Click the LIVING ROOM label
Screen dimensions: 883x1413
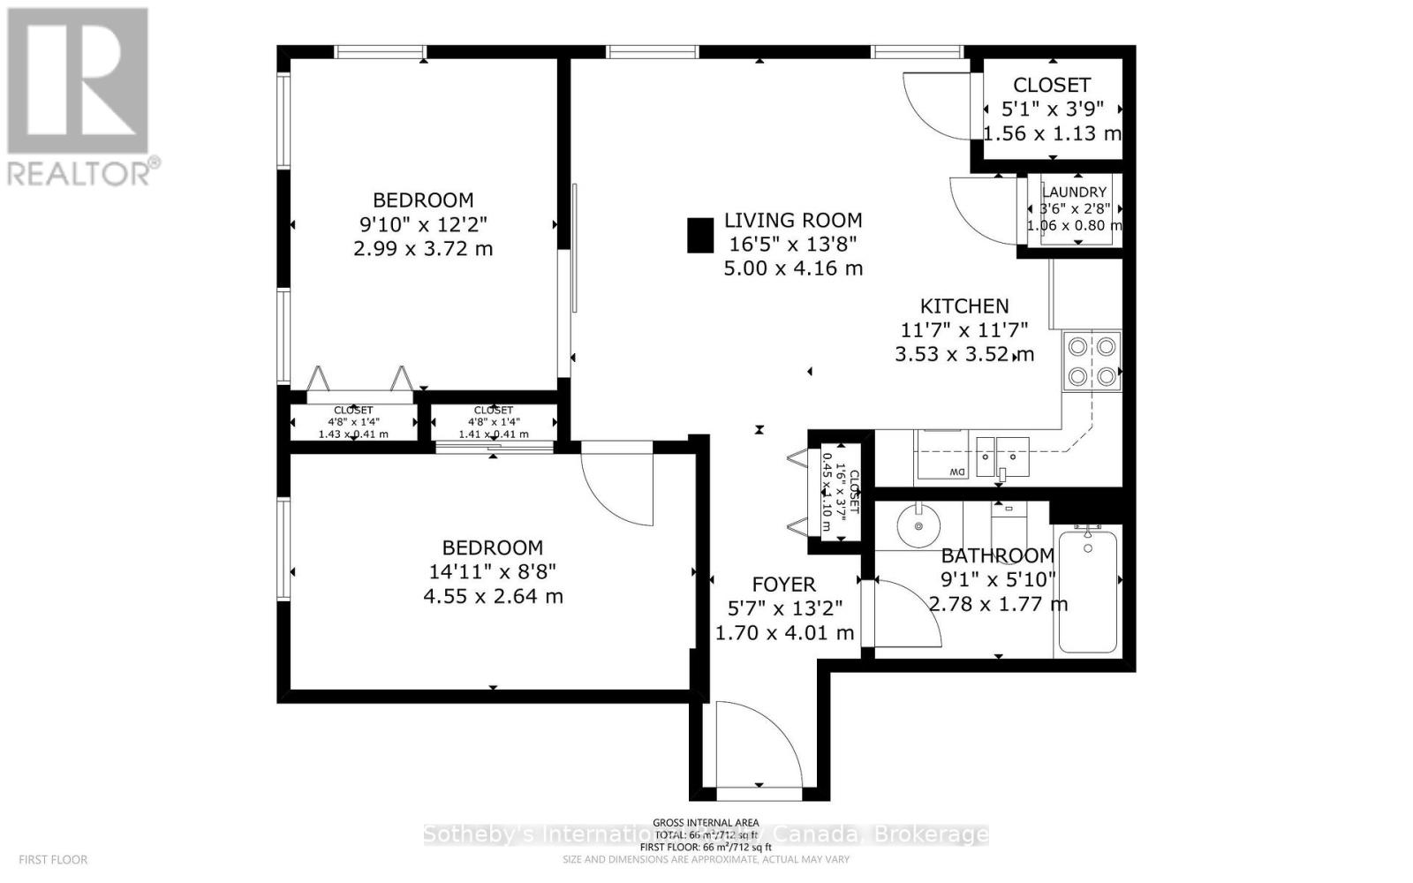pos(793,221)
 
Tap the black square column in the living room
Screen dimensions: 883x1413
pos(700,236)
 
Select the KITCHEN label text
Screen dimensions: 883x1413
pos(964,306)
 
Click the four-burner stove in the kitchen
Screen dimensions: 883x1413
pos(1092,360)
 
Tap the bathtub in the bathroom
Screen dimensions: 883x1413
pos(1087,589)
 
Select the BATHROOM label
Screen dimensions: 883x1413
pos(997,556)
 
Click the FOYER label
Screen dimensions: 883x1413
pos(783,585)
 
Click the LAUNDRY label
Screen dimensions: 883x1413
pos(1074,192)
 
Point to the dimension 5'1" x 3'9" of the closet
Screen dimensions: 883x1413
pos(1052,109)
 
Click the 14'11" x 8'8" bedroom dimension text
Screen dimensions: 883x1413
pos(493,572)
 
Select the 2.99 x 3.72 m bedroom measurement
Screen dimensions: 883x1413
pos(423,249)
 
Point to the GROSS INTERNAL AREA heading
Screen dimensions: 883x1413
pos(706,823)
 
